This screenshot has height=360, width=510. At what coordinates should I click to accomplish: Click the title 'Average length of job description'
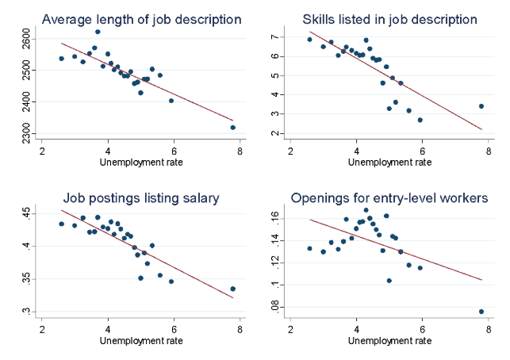130,18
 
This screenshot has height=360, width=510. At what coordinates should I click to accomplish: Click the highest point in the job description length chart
98,32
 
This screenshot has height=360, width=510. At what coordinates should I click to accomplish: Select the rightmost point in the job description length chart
233,127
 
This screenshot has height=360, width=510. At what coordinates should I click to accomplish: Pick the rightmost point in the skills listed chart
481,106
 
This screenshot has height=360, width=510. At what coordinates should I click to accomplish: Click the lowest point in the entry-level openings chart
481,312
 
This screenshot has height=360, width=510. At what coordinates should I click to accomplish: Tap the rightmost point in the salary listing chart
233,289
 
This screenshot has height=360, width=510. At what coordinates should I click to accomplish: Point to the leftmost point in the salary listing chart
61,224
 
